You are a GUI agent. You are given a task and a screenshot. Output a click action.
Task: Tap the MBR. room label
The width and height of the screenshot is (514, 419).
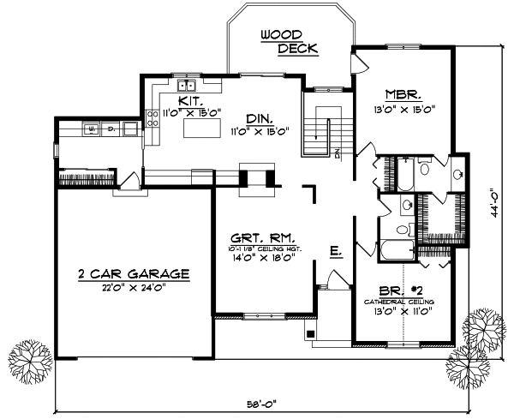pyautogui.click(x=401, y=96)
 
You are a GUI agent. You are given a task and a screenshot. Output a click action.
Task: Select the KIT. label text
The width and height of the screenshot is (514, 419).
pyautogui.click(x=191, y=100)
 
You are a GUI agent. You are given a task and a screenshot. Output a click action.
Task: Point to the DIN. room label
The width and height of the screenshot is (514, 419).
pyautogui.click(x=258, y=117)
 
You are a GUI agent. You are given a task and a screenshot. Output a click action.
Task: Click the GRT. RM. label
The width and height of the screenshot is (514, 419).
pyautogui.click(x=264, y=236)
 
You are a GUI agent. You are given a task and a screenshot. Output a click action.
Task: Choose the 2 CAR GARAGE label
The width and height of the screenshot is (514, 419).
pyautogui.click(x=133, y=274)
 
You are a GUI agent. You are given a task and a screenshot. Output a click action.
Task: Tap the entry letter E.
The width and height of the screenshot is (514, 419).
pyautogui.click(x=336, y=251)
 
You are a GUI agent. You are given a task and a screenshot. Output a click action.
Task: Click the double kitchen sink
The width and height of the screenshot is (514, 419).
pyautogui.click(x=187, y=86)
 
